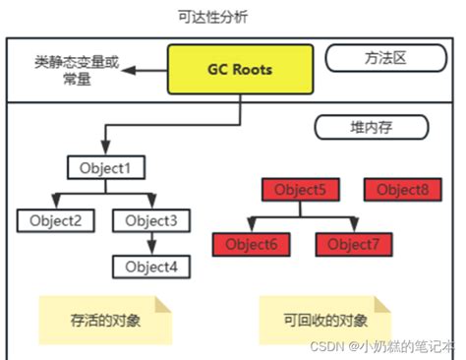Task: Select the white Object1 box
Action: coord(106,168)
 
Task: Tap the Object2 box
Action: coord(55,220)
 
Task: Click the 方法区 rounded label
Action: coord(379,59)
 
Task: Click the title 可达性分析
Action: coord(233,17)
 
